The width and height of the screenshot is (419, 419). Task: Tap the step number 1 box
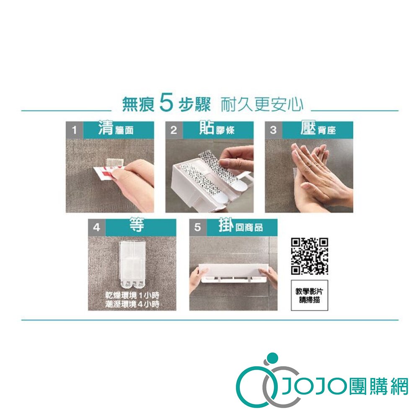(75, 130)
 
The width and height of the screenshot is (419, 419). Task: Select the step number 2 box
(174, 130)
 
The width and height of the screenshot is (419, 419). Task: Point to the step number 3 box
(273, 130)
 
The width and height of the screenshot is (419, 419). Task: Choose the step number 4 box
(97, 228)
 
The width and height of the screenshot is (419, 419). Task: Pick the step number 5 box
(198, 228)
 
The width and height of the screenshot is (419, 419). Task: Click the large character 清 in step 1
(106, 127)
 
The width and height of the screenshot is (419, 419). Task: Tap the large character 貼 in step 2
(207, 127)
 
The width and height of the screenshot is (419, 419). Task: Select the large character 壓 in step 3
(308, 127)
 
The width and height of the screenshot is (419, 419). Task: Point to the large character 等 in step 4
(137, 225)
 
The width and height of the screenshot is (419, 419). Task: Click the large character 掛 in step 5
(226, 225)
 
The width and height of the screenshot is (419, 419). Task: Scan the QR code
(310, 256)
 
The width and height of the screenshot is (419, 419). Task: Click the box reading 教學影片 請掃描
(310, 295)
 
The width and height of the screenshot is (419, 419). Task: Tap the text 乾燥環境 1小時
(132, 295)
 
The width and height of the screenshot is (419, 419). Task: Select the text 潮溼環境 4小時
(132, 304)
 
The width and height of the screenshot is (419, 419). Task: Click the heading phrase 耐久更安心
(262, 104)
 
